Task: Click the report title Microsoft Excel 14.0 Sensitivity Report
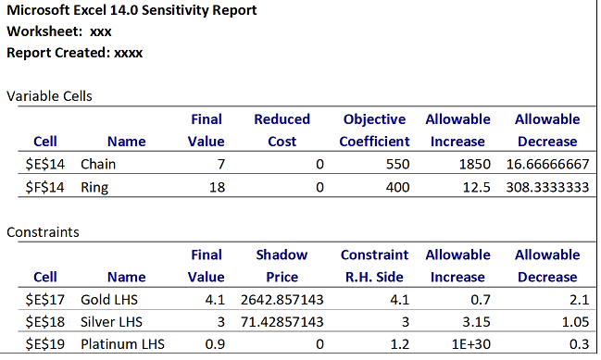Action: (x=131, y=10)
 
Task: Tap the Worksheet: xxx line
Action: (x=59, y=31)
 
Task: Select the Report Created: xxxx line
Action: (x=74, y=53)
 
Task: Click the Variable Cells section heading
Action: (x=49, y=96)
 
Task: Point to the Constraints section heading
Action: (x=43, y=231)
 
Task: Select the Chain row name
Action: (x=99, y=165)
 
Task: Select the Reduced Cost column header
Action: (x=282, y=130)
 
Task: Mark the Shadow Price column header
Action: (x=282, y=266)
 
